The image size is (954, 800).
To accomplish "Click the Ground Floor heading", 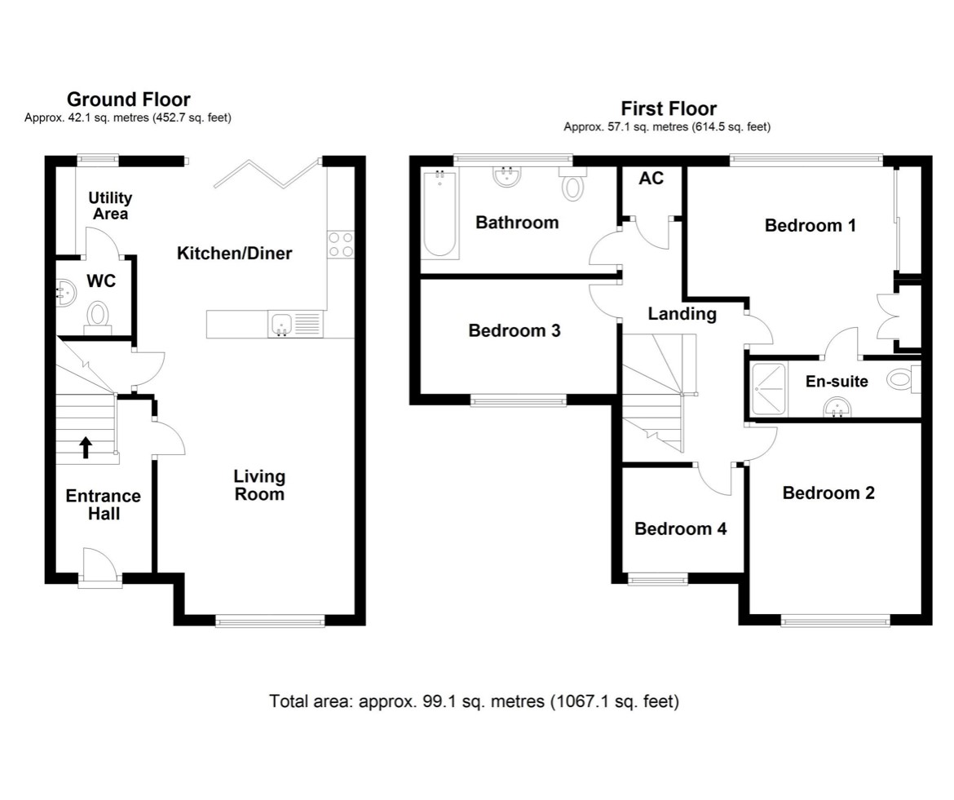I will [x=128, y=99].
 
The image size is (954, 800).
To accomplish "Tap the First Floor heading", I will [x=668, y=108].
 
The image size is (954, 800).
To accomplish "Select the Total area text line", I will [x=474, y=701].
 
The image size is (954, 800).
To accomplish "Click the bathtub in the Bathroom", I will [x=440, y=214].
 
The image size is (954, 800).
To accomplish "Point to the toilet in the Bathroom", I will [x=573, y=186].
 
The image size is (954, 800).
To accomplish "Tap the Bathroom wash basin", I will [x=506, y=177].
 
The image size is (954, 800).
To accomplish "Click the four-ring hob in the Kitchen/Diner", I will [x=341, y=245].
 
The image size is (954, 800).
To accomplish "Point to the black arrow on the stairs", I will [x=86, y=447].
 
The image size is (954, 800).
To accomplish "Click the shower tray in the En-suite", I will [x=767, y=389].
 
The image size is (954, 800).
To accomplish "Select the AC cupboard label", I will [x=651, y=179].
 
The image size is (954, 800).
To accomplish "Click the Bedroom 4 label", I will [x=680, y=528].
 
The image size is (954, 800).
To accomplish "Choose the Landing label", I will [x=682, y=313].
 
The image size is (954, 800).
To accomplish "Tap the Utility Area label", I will [x=110, y=206].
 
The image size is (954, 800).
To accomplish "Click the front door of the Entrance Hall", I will [x=100, y=571].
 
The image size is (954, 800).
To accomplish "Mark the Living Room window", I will [x=270, y=621].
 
